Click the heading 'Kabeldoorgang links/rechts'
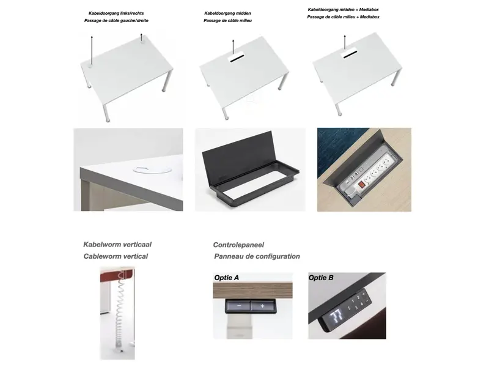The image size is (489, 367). click(x=116, y=13)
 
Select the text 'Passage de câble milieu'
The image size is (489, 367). click(x=227, y=21)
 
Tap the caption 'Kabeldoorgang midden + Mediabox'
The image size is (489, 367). click(x=343, y=10)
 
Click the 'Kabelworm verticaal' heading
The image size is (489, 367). click(x=117, y=244)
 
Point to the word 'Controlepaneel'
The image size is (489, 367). click(x=238, y=245)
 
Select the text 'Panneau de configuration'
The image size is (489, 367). click(x=257, y=256)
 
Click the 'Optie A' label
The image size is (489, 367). click(x=226, y=278)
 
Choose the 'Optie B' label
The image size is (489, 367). click(x=321, y=278)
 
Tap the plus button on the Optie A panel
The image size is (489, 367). click(x=263, y=306)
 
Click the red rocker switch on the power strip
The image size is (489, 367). click(x=361, y=185)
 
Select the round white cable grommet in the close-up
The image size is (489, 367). click(x=152, y=170)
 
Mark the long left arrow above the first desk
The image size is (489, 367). click(x=92, y=50)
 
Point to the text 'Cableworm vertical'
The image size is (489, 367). click(x=116, y=256)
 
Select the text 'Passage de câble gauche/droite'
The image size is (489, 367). click(x=116, y=21)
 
